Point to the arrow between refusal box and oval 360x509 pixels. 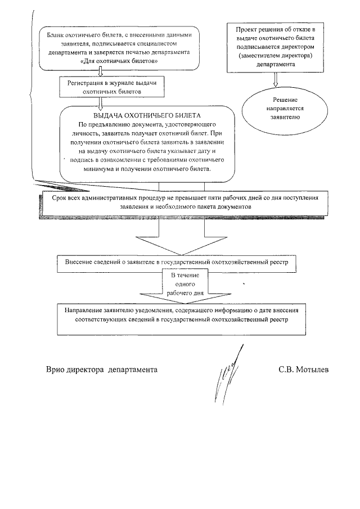275,79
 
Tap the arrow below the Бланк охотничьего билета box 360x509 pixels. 100,71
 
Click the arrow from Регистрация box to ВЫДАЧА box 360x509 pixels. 100,102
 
